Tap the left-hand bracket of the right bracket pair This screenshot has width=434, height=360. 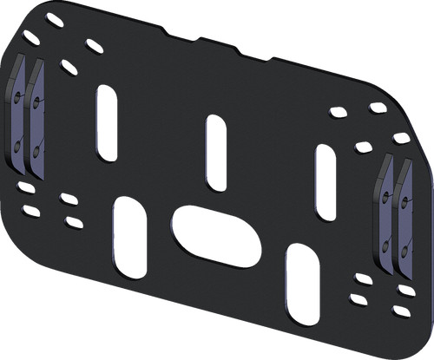coord(387,213)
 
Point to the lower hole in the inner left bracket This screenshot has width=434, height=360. coord(36,152)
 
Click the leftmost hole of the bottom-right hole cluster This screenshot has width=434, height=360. coord(357,278)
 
